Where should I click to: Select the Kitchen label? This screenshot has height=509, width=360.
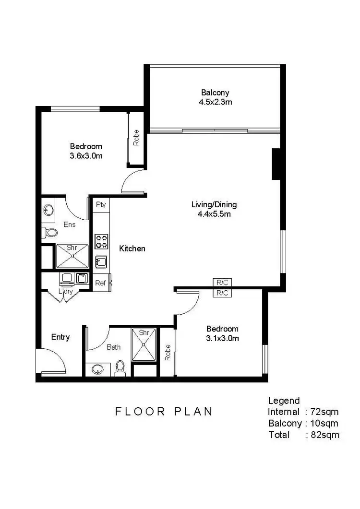click(x=132, y=249)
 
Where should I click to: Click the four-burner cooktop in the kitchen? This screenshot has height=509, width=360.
click(x=101, y=241)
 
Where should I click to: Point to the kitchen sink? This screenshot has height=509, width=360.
click(x=101, y=262)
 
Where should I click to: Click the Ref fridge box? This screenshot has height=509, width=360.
click(x=100, y=283)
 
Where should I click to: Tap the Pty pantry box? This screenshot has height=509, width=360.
click(x=100, y=204)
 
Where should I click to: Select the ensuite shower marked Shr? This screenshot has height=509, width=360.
click(x=72, y=256)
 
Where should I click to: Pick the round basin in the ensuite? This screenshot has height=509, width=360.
click(x=48, y=210)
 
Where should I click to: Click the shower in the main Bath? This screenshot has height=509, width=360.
click(x=144, y=343)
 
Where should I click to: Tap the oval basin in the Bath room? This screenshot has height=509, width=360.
click(x=97, y=369)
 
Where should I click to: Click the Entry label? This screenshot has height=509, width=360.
click(x=60, y=337)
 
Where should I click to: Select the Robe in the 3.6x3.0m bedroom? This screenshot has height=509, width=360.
click(x=136, y=138)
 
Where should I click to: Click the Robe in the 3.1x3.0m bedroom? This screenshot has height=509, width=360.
click(x=168, y=353)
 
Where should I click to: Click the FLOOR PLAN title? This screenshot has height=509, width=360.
click(x=164, y=412)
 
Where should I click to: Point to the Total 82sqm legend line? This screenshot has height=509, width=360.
click(x=303, y=435)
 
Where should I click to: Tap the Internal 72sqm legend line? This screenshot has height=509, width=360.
click(x=303, y=412)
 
